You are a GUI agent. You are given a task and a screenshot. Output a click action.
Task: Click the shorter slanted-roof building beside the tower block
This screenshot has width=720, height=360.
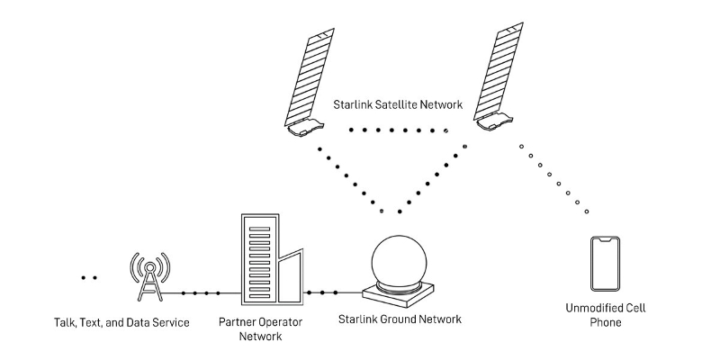tap(290, 279)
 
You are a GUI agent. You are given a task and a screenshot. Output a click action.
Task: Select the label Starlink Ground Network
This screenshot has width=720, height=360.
tap(399, 319)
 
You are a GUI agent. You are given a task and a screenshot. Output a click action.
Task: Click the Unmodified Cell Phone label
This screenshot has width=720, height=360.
tap(605, 315)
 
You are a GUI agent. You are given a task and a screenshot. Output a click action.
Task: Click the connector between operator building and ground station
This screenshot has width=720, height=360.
tap(322, 293)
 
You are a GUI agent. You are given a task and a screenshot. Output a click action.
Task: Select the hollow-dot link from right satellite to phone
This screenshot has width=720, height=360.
tap(553, 177)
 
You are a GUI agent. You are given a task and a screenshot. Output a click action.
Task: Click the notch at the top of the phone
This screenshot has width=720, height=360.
tap(606, 239)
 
